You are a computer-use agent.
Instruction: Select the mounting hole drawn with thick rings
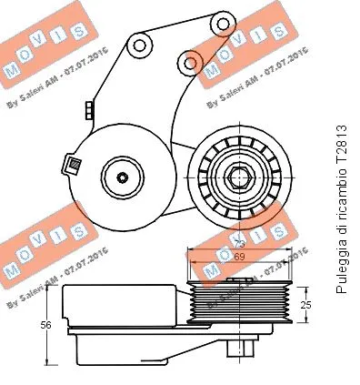tap(190, 61)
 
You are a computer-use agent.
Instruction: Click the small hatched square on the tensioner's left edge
tap(67, 165)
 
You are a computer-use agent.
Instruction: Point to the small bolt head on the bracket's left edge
tap(87, 110)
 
